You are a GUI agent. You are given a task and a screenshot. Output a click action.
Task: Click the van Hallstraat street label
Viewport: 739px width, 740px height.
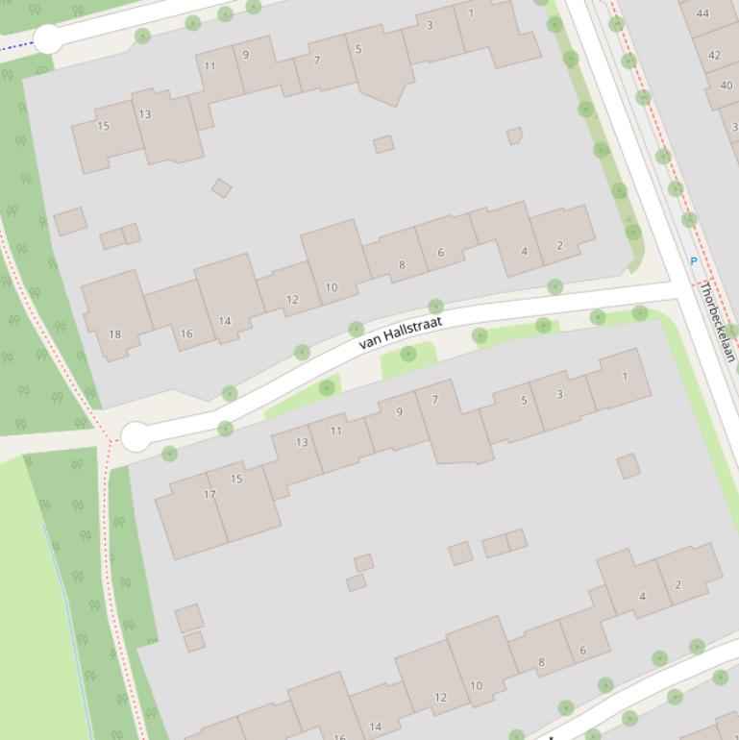click(x=401, y=333)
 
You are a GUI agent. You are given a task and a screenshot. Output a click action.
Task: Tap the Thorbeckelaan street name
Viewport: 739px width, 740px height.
click(x=716, y=321)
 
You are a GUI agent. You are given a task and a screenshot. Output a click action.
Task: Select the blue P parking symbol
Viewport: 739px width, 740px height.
click(x=693, y=261)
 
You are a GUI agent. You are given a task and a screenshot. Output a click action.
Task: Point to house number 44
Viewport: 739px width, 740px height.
click(x=702, y=13)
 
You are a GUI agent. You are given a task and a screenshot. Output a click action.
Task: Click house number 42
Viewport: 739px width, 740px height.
click(x=714, y=55)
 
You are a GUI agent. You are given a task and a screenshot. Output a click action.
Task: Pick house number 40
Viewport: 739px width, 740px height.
click(x=726, y=86)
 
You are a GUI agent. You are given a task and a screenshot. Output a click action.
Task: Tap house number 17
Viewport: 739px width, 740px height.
click(x=209, y=495)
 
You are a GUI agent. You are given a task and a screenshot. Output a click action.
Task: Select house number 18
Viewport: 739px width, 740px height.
click(x=115, y=334)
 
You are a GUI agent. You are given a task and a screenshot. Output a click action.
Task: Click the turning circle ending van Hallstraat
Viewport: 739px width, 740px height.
click(x=136, y=436)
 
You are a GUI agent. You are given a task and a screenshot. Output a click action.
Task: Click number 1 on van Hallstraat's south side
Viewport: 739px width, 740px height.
click(x=624, y=377)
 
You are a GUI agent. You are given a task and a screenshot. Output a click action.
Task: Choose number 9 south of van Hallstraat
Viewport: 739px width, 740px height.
click(x=399, y=413)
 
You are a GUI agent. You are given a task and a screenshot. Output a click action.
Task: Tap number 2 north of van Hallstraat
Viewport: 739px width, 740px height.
click(x=559, y=246)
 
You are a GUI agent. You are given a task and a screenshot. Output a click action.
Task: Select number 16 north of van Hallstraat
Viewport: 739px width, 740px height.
click(x=186, y=334)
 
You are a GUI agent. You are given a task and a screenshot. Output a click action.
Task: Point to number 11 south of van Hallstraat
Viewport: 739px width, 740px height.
click(x=335, y=432)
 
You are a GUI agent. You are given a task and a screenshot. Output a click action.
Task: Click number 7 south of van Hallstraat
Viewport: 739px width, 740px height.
click(x=434, y=400)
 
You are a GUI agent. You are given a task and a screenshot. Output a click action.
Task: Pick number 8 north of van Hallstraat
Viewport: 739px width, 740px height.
click(x=402, y=265)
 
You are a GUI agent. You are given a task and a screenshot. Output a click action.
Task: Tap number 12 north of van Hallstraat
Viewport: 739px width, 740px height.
click(x=292, y=300)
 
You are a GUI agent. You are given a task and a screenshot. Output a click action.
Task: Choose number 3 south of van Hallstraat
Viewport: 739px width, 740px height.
click(x=559, y=394)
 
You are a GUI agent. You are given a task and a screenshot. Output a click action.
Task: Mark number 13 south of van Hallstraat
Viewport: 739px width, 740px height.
click(x=302, y=443)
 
